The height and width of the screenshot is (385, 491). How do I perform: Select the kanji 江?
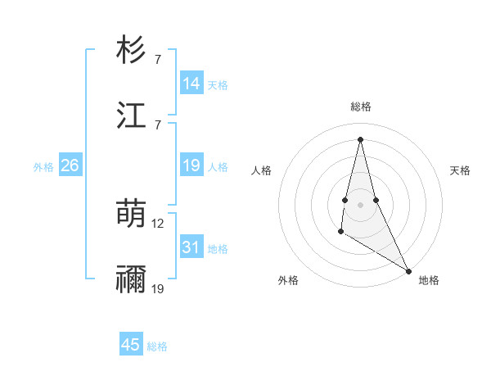pyautogui.click(x=131, y=115)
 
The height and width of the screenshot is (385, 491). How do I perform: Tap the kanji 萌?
pyautogui.click(x=131, y=215)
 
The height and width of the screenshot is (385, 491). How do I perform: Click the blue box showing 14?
pyautogui.click(x=191, y=84)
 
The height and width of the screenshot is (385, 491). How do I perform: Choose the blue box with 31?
pyautogui.click(x=191, y=248)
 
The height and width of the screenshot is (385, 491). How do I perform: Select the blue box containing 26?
pyautogui.click(x=70, y=165)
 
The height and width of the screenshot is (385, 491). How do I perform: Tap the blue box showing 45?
pyautogui.click(x=131, y=345)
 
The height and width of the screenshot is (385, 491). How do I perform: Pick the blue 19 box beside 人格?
pyautogui.click(x=191, y=165)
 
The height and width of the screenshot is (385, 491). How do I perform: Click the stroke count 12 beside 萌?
pyautogui.click(x=158, y=223)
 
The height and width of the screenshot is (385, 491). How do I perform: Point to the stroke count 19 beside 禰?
pyautogui.click(x=158, y=289)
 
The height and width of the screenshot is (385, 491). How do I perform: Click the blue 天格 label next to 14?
pyautogui.click(x=218, y=85)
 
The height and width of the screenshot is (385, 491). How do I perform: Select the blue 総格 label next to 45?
pyautogui.click(x=157, y=346)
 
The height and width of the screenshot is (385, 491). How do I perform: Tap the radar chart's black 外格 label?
pyautogui.click(x=288, y=280)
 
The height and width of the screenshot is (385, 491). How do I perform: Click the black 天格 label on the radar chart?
pyautogui.click(x=460, y=170)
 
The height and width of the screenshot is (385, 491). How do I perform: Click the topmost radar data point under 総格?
pyautogui.click(x=360, y=138)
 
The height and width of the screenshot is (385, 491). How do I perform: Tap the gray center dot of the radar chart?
pyautogui.click(x=360, y=204)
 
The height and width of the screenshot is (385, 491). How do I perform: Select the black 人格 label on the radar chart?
pyautogui.click(x=262, y=170)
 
